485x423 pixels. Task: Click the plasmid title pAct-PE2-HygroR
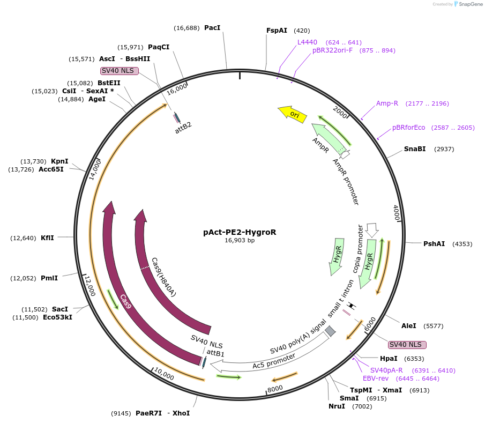click(x=240, y=233)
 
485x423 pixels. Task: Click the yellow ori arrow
click(x=293, y=114)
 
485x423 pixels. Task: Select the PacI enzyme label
click(x=212, y=27)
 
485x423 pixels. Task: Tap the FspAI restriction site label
click(x=277, y=31)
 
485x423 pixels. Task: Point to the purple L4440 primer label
click(x=307, y=42)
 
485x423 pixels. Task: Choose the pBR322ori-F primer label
click(x=332, y=50)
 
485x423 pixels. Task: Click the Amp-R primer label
click(x=387, y=103)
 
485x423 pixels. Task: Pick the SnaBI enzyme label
click(x=415, y=149)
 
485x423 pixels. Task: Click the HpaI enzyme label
click(x=389, y=358)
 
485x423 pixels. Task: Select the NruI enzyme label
click(x=337, y=406)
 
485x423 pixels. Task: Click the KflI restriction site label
click(x=47, y=238)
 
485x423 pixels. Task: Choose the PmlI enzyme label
click(x=49, y=278)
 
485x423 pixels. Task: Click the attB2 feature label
click(x=183, y=130)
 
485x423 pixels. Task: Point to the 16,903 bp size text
click(x=240, y=241)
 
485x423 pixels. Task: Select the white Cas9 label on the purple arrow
click(x=126, y=302)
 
